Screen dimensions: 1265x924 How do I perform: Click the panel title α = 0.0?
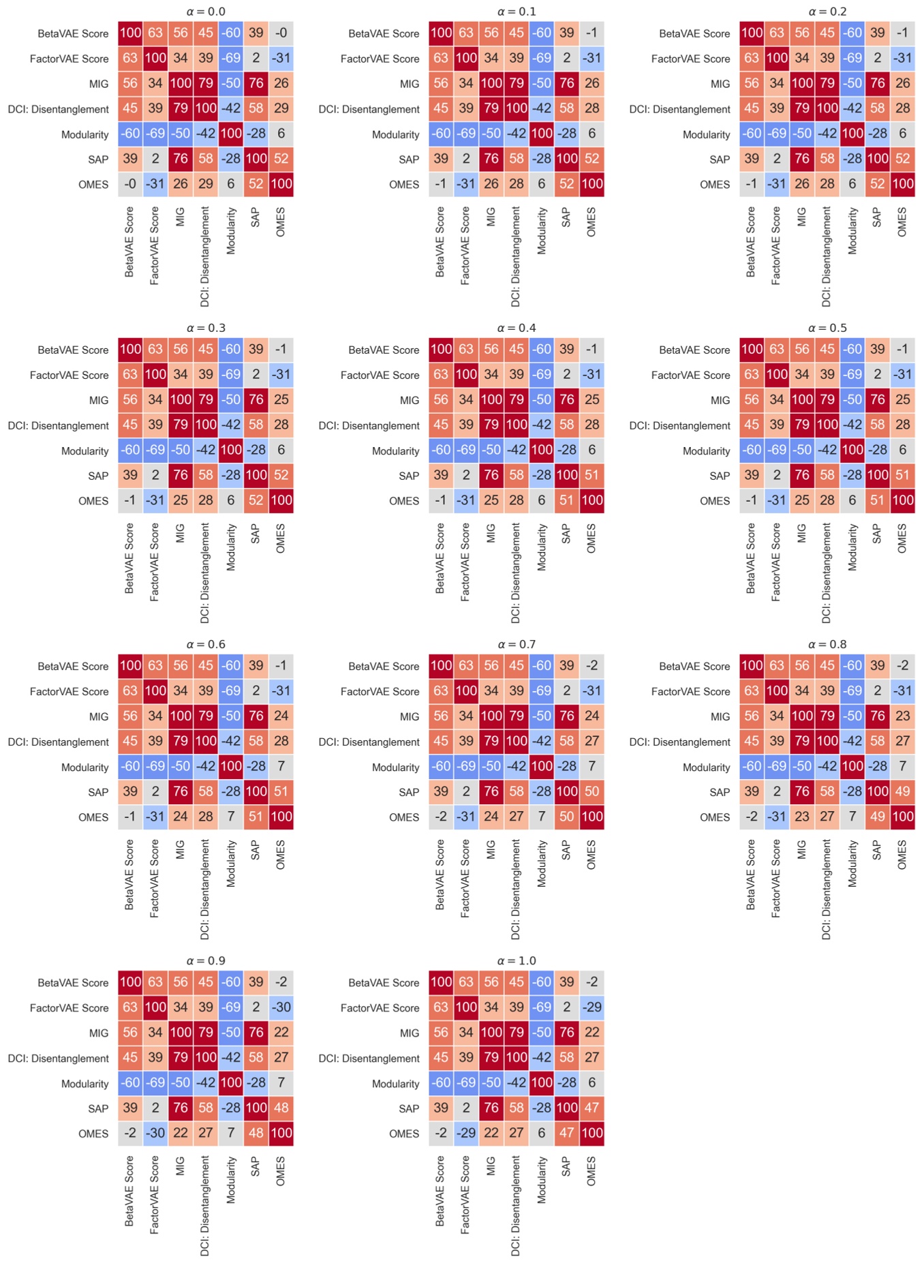(206, 12)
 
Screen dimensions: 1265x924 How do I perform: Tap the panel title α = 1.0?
(517, 960)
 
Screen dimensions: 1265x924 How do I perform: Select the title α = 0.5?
(827, 328)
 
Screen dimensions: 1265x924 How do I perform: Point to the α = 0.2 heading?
(827, 12)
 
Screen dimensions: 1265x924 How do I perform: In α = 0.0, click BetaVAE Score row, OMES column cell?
(281, 33)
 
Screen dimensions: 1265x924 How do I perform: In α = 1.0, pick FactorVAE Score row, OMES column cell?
(591, 1007)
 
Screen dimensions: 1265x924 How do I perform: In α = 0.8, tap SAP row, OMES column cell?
(902, 791)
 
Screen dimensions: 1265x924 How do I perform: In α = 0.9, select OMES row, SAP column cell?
(256, 1133)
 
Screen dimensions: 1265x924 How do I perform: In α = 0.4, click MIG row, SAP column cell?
(566, 399)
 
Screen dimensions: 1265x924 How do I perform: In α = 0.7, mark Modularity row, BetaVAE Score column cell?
(441, 766)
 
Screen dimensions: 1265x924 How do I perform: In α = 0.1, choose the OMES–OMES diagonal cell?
(591, 184)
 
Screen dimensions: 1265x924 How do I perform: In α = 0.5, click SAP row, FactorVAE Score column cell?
(777, 475)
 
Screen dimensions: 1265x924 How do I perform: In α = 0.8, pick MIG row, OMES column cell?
(902, 716)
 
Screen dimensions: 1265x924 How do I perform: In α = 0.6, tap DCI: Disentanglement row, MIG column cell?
(181, 741)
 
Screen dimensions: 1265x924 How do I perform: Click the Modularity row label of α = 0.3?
(84, 451)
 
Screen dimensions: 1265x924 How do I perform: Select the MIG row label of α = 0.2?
(720, 84)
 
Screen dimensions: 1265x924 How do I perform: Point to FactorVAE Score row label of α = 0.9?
(69, 1008)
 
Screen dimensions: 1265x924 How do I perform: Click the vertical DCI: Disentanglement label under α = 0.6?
(205, 889)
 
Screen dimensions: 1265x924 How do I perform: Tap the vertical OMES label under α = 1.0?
(591, 1171)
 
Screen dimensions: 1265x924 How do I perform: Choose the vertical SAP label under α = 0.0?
(256, 217)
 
